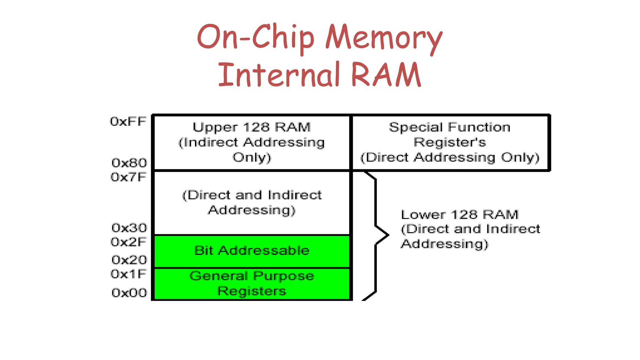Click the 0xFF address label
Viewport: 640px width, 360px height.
128,121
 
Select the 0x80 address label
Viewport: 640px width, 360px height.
129,163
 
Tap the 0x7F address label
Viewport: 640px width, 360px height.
128,177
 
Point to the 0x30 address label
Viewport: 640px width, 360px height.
129,228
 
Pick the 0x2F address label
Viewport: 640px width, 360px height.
128,242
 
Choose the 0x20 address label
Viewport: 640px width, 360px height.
129,260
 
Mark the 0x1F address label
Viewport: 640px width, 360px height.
128,274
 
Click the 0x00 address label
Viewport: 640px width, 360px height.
129,293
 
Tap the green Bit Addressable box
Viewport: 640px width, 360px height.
252,251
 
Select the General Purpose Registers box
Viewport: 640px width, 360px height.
252,284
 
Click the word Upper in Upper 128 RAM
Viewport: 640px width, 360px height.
215,127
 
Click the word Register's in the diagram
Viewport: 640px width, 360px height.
450,142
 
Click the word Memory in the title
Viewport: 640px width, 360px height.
384,38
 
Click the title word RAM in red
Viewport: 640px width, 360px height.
386,75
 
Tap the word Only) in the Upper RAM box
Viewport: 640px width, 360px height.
252,157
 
